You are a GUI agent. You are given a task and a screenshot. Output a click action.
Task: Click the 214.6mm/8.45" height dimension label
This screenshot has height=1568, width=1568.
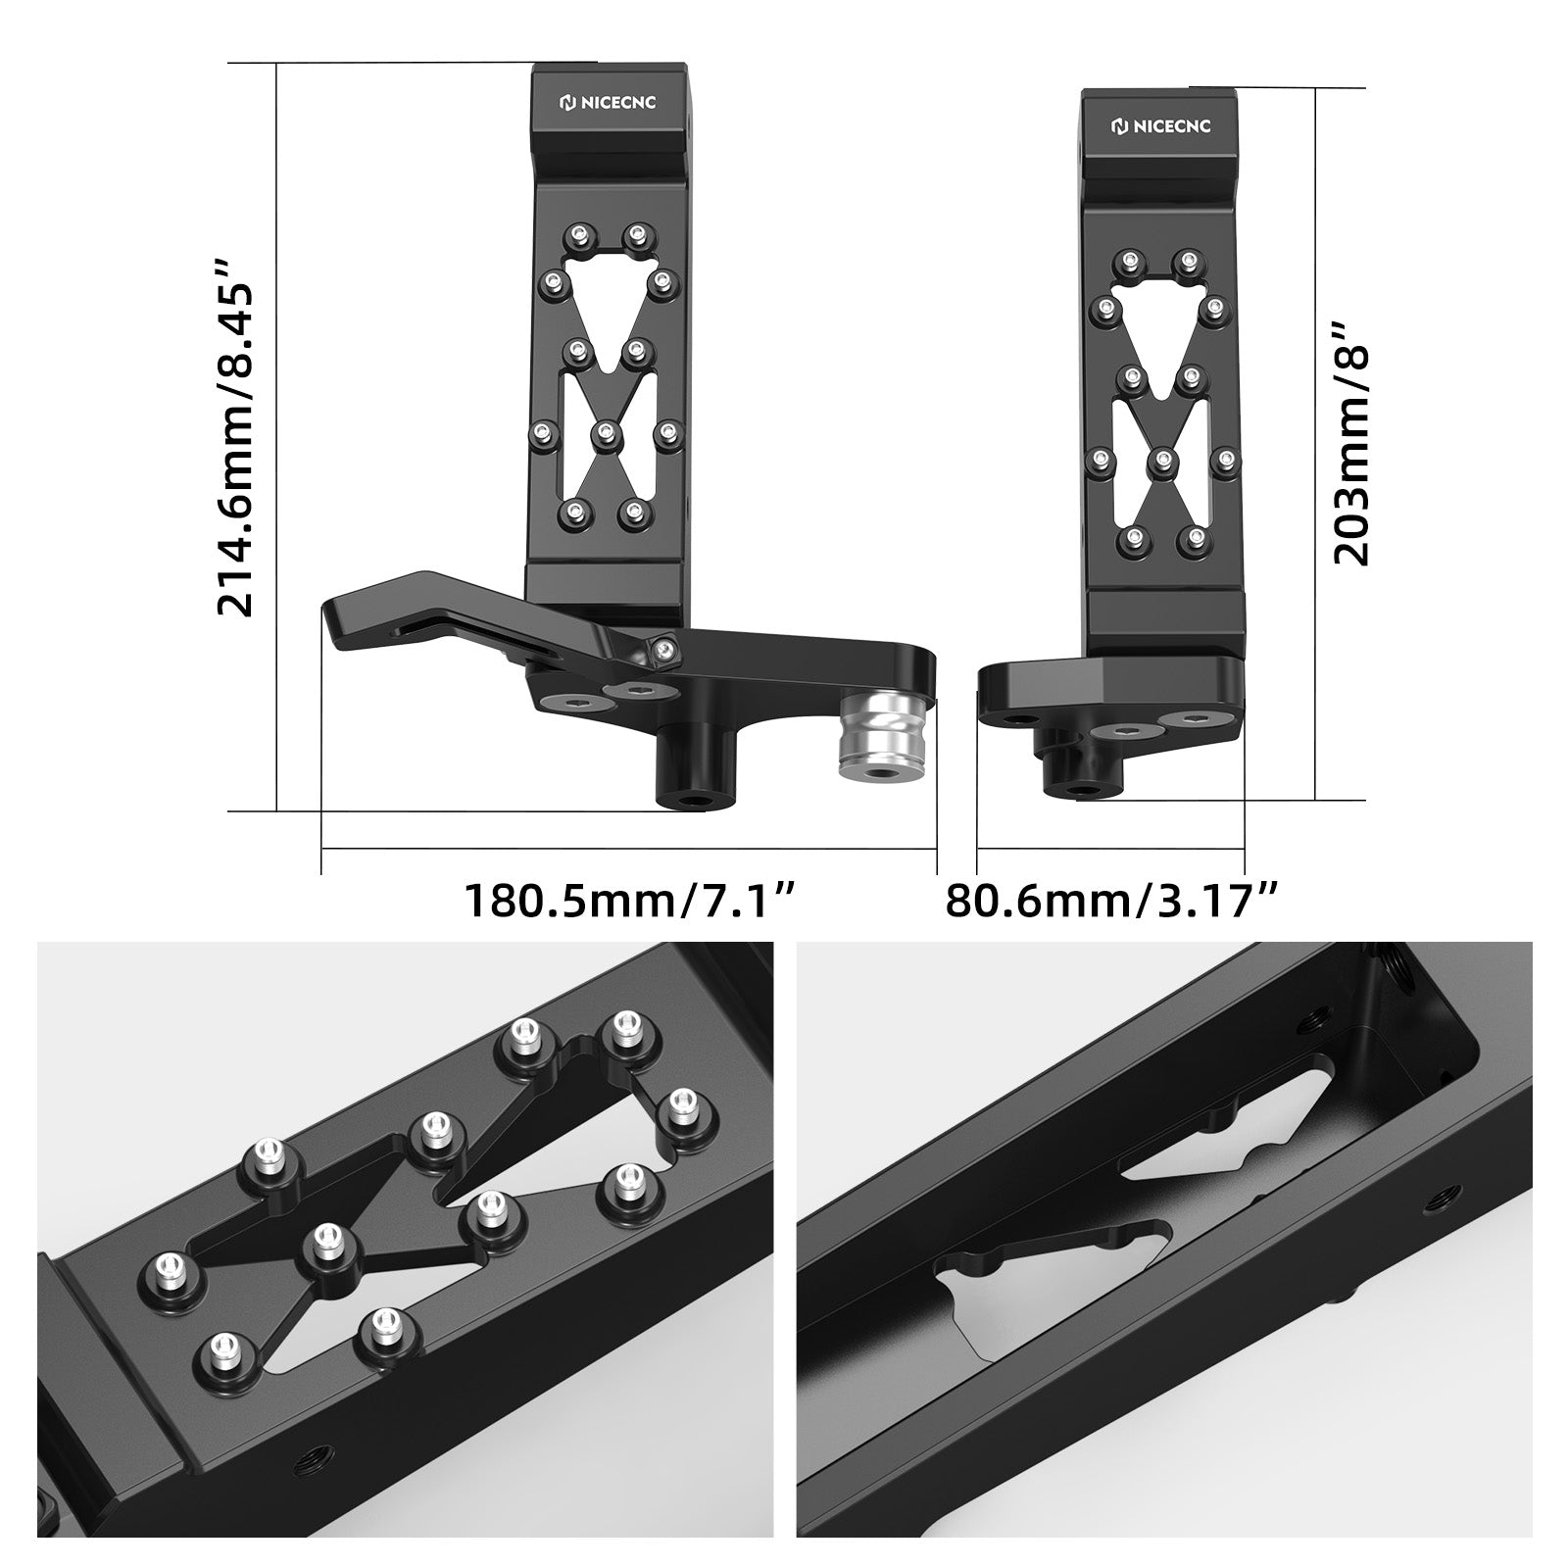pyautogui.click(x=235, y=437)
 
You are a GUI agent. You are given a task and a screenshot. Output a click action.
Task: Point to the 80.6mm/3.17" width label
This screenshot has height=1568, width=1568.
pyautogui.click(x=1111, y=900)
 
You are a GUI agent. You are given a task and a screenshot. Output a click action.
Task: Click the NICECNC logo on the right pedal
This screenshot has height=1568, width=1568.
pyautogui.click(x=1160, y=125)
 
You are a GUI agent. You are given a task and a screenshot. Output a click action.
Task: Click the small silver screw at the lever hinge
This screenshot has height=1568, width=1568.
pyautogui.click(x=665, y=648)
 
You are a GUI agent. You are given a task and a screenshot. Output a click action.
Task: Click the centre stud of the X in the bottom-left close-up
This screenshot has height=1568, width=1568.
pyautogui.click(x=324, y=1246)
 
